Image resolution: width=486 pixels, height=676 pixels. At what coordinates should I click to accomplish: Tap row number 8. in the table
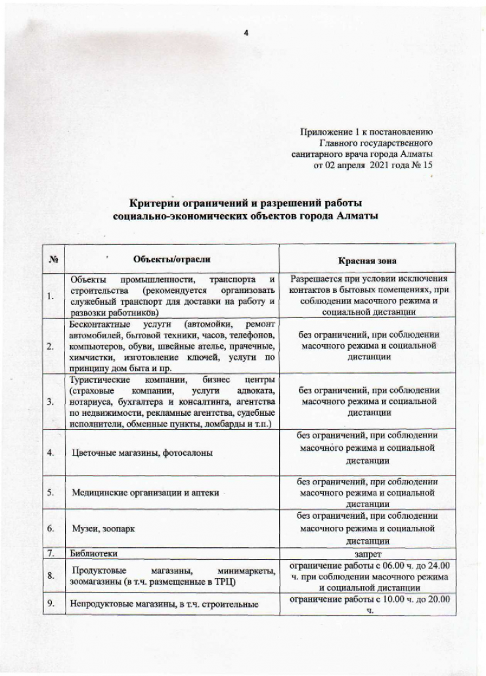tap(50, 576)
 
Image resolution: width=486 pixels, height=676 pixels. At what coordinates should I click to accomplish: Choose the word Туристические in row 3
tap(99, 380)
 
